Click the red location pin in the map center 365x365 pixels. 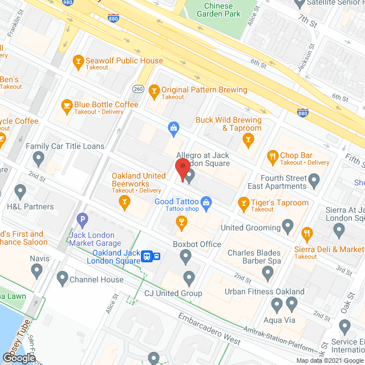coord(182,169)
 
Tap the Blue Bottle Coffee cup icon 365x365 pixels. coord(67,105)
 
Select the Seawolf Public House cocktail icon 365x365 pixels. coord(78,60)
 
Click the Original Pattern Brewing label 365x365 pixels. coord(204,90)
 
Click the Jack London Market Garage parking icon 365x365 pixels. coord(83,218)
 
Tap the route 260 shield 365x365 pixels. coord(137,88)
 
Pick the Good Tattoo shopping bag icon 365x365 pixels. coord(206,201)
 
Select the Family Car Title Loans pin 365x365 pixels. coord(39,157)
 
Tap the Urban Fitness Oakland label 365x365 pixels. coord(264,292)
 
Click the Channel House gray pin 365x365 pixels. coord(62,279)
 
